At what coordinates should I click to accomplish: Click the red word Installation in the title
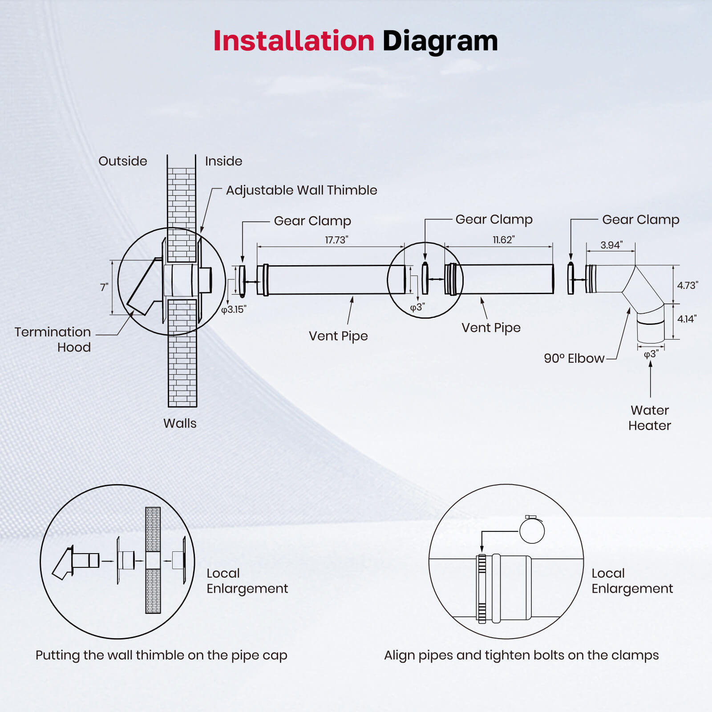[294, 41]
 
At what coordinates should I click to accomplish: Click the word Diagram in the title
[440, 41]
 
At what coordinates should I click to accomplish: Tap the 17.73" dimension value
[336, 240]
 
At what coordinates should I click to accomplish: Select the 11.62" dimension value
[503, 239]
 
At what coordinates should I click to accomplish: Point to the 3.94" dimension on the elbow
[611, 245]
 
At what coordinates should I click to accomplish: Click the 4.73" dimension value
[687, 285]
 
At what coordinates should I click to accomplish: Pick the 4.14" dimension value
[687, 319]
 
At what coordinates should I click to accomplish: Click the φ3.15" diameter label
[234, 309]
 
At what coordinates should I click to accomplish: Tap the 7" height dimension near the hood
[104, 287]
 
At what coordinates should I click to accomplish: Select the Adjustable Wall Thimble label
[301, 190]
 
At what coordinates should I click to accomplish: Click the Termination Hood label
[53, 339]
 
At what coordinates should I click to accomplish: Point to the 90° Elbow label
[574, 358]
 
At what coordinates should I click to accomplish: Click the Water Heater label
[649, 417]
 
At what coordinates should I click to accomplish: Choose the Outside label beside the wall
[122, 161]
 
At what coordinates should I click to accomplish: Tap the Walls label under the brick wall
[180, 423]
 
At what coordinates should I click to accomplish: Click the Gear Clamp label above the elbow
[640, 219]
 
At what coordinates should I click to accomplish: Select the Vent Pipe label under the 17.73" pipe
[338, 336]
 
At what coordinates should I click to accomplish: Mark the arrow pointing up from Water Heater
[651, 378]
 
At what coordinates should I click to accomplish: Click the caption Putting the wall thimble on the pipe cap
[161, 655]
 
